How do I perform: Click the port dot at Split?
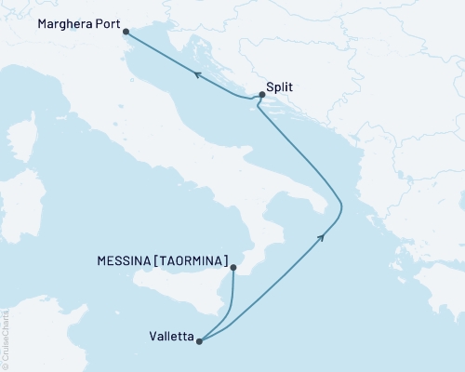(261, 94)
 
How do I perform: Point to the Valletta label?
(169, 340)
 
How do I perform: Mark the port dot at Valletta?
(199, 341)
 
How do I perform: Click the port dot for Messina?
(232, 268)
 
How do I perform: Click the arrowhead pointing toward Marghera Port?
(197, 76)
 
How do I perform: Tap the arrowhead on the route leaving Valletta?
(322, 238)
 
